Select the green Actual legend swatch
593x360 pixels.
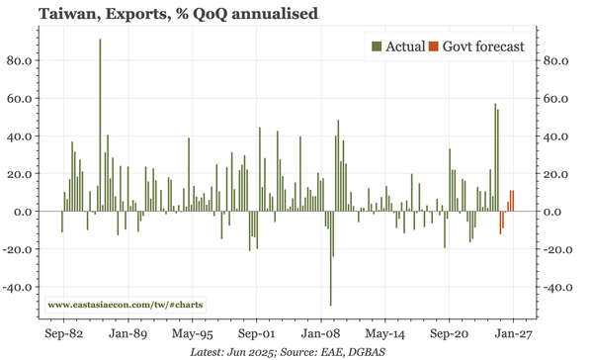coord(377,45)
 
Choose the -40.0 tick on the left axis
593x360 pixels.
coord(20,288)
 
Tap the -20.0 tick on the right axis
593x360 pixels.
coord(560,250)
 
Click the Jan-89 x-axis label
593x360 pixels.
coord(128,335)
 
